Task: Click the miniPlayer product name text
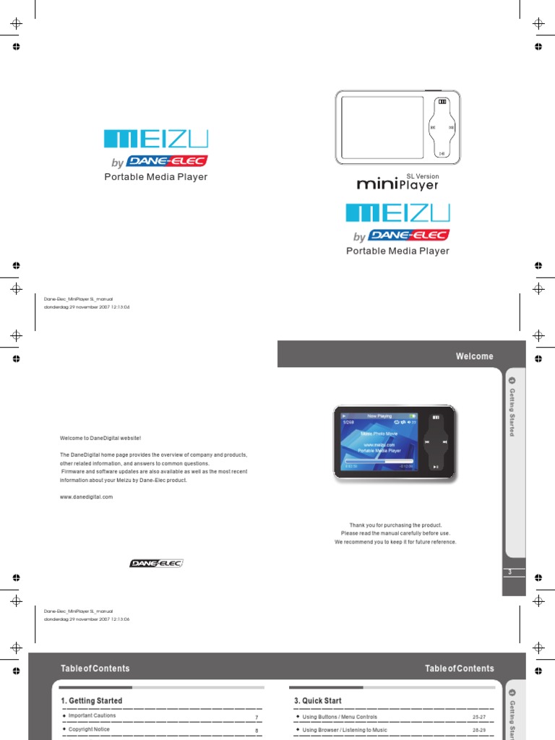point(397,184)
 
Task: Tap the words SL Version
point(422,176)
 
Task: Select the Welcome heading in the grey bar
point(474,356)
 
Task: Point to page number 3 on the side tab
point(510,572)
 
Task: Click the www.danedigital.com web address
point(86,497)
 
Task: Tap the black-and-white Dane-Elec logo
point(157,563)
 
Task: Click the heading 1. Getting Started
point(92,701)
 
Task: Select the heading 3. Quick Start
point(318,701)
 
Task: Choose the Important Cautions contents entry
point(92,716)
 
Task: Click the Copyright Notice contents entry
point(89,730)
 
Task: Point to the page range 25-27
point(478,717)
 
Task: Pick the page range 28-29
point(478,731)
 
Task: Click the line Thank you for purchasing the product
point(395,525)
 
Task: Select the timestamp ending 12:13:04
point(87,306)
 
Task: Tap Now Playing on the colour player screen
point(379,416)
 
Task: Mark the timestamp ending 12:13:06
point(87,619)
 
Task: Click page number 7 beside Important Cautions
point(257,717)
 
